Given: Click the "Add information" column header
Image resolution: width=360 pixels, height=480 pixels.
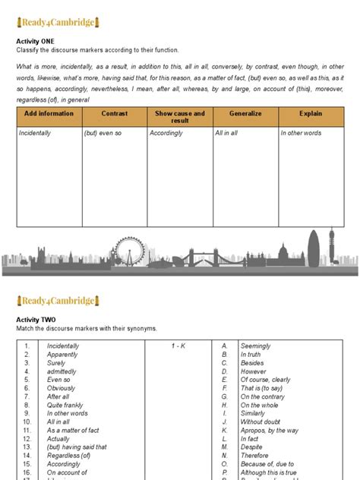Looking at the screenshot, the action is pos(49,113).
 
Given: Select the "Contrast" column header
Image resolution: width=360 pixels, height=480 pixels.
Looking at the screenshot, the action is pos(115,113).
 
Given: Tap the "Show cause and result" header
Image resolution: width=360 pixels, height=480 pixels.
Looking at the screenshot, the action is pos(180,117).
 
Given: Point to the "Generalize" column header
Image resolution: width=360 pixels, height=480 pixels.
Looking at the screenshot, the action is pos(245,113).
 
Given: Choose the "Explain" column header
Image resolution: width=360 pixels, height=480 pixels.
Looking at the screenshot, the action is pos(311,113).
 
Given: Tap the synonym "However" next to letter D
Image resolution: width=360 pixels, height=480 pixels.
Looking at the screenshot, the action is pos(254,371).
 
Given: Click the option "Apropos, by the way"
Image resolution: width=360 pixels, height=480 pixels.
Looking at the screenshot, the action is pos(270,431).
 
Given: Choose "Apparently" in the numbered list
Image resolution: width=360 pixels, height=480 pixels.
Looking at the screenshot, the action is pos(62,355).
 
